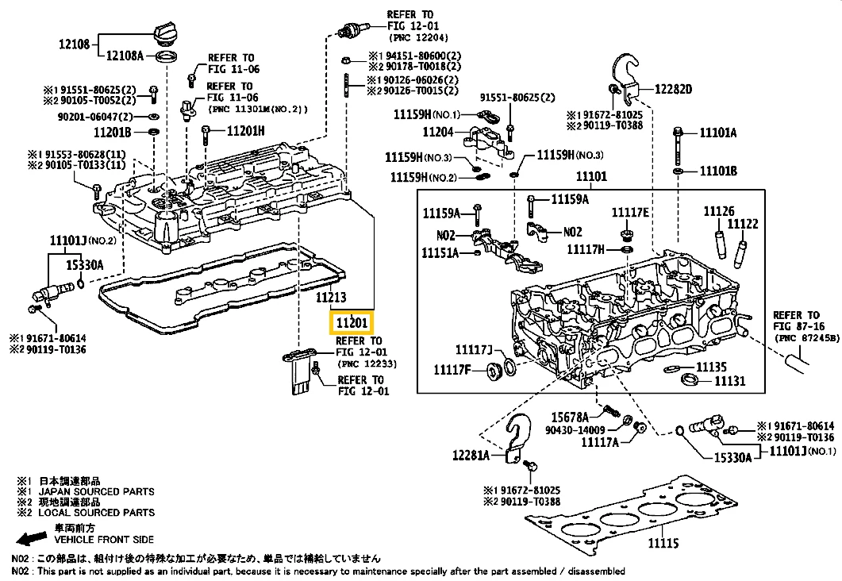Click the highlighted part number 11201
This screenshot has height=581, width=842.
[350, 323]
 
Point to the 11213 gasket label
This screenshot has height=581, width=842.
[332, 298]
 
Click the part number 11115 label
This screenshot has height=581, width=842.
[663, 543]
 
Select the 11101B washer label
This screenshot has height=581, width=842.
[718, 171]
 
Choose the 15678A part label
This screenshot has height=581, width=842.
[571, 417]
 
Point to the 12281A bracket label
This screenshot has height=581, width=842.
[474, 456]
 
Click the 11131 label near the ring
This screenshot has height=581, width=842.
[731, 381]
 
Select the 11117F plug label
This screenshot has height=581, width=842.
[452, 369]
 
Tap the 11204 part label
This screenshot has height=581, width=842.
[438, 132]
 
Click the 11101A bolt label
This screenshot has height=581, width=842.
[718, 133]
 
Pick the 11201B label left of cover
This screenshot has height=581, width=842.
[112, 132]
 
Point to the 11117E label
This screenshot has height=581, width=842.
[630, 212]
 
